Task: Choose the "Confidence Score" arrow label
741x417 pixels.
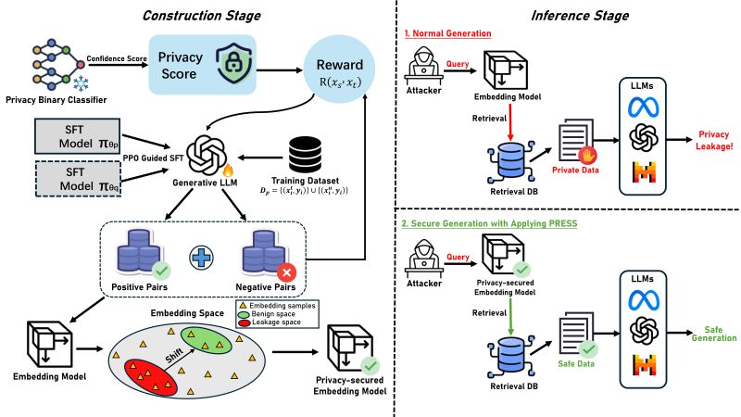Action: coord(118,60)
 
